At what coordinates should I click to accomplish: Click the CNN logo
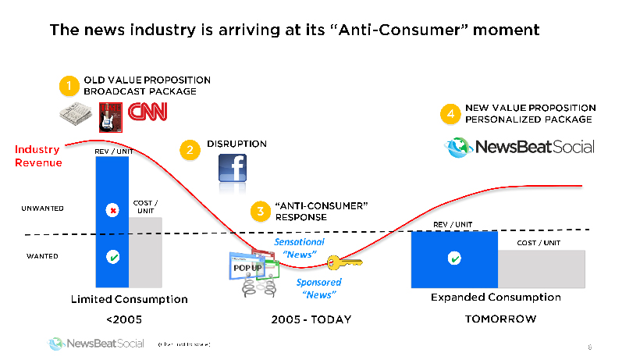[x=148, y=114]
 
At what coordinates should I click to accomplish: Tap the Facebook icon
[x=233, y=173]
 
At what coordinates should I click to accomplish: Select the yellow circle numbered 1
[x=70, y=85]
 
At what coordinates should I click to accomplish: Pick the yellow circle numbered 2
[x=190, y=149]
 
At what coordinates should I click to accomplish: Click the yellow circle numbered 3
[x=259, y=211]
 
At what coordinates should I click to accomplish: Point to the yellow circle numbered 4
[x=449, y=114]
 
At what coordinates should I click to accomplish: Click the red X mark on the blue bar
[x=113, y=210]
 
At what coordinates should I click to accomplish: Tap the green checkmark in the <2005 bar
[x=113, y=256]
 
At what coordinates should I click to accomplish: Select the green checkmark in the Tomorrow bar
[x=453, y=258]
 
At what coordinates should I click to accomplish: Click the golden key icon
[x=344, y=264]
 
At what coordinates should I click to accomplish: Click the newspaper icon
[x=76, y=114]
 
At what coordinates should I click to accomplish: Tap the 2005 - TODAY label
[x=311, y=319]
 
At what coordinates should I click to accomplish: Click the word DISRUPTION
[x=236, y=144]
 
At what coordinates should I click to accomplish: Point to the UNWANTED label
[x=42, y=209]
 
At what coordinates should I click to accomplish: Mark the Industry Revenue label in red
[x=37, y=155]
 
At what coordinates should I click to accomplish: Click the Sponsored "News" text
[x=318, y=288]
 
